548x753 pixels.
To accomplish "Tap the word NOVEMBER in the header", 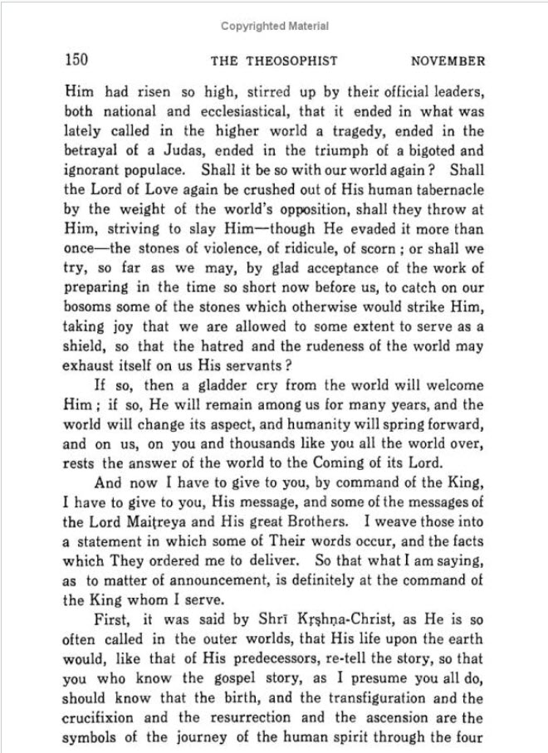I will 448,61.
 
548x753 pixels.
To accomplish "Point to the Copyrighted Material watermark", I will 275,27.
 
